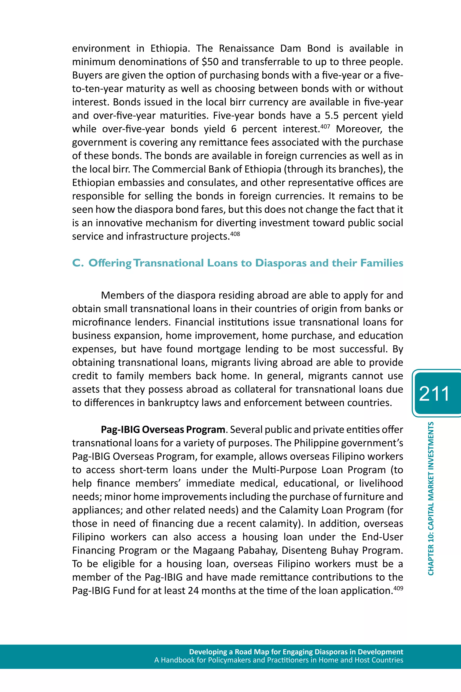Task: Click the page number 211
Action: click(x=434, y=393)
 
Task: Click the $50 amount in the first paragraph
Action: click(x=210, y=62)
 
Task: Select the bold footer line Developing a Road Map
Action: click(x=296, y=652)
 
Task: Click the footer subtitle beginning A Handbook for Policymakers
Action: click(x=278, y=660)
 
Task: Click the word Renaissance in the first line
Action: click(x=246, y=48)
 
